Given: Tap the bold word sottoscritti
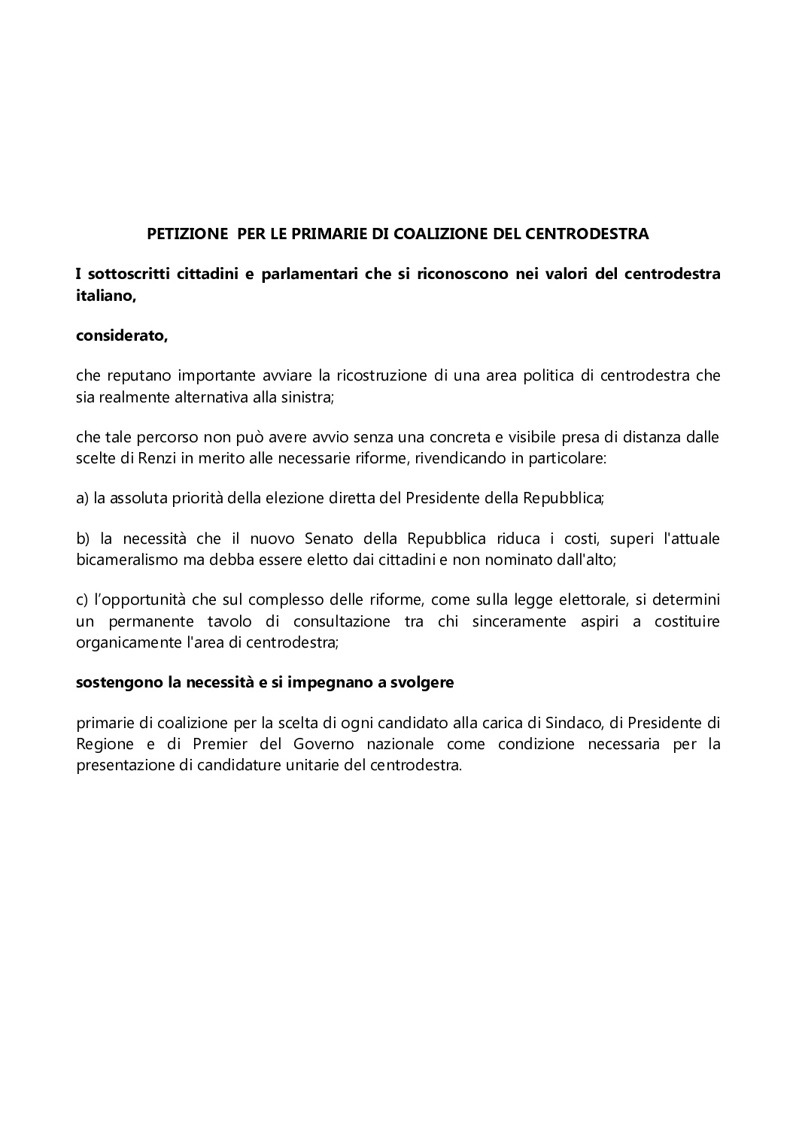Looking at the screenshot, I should [126, 274].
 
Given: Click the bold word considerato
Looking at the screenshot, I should [122, 335].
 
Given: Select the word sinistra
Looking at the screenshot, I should [306, 397].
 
